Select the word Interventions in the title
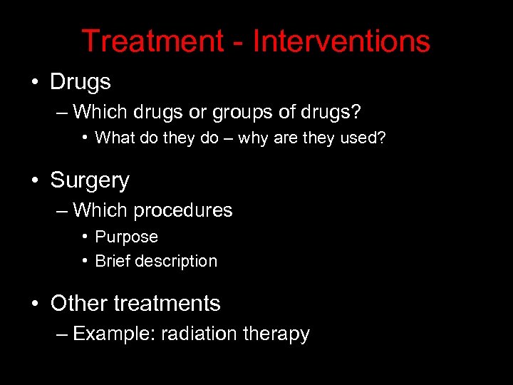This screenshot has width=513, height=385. pyautogui.click(x=341, y=42)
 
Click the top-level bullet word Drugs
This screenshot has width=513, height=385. pyautogui.click(x=81, y=82)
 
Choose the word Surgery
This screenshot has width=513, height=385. pyautogui.click(x=90, y=180)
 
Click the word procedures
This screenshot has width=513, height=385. pyautogui.click(x=182, y=211)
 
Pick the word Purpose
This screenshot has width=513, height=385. pyautogui.click(x=126, y=237)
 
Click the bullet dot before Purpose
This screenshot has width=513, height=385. pyautogui.click(x=85, y=237)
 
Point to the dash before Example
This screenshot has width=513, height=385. pyautogui.click(x=61, y=334)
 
